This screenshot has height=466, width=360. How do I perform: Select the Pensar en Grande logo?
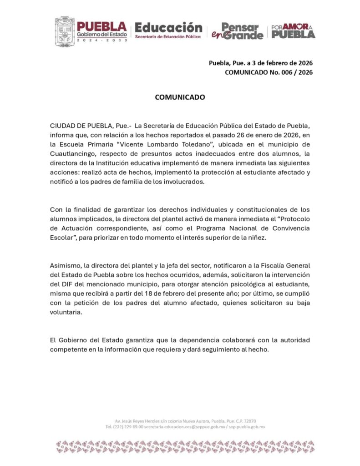(x=242, y=31)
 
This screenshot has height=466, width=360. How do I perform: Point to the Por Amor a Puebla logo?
(x=293, y=31)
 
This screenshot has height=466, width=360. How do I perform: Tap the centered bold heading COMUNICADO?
(x=180, y=97)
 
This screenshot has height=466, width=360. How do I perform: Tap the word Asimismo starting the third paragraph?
(x=63, y=265)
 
